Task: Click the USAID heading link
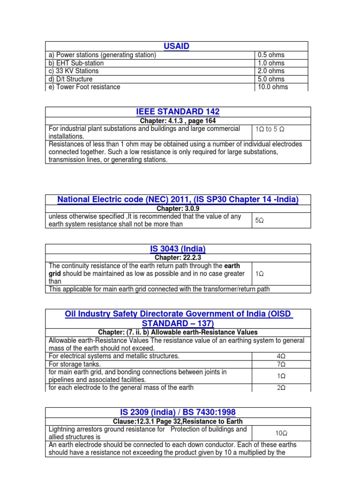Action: click(176, 46)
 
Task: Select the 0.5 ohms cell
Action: click(270, 55)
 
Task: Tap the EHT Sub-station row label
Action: click(76, 63)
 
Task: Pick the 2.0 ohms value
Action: click(270, 71)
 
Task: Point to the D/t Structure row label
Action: click(70, 79)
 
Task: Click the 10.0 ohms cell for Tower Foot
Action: click(272, 87)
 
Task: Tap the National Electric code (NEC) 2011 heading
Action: click(178, 200)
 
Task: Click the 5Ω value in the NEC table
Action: click(259, 220)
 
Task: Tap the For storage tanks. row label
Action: click(75, 364)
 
